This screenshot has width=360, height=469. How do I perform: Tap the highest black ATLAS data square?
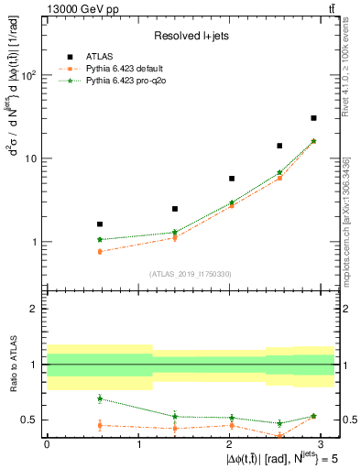(313, 118)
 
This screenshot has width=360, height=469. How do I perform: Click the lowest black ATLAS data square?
(99, 224)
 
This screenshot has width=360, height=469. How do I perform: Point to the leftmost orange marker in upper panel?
(99, 251)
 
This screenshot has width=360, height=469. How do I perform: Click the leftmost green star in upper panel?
(99, 239)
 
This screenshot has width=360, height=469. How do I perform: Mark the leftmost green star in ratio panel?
(99, 398)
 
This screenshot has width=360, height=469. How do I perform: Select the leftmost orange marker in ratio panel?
(99, 425)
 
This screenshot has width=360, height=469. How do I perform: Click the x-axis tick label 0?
(47, 443)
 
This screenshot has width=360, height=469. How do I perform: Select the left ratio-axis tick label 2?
(36, 309)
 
